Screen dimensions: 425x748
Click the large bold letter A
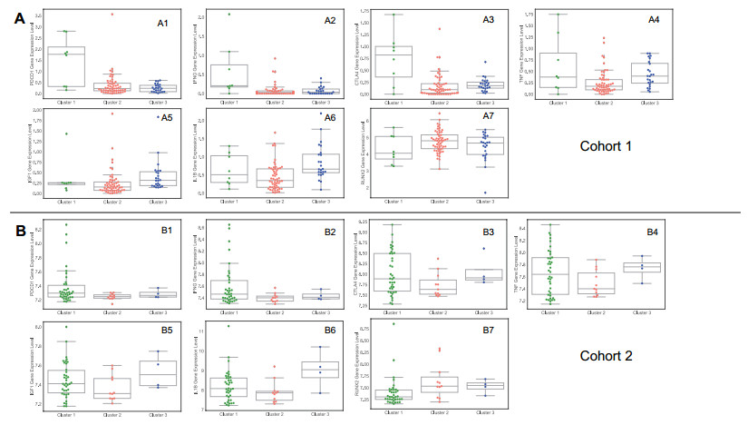(x=19, y=22)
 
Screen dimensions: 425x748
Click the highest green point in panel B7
(x=393, y=323)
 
